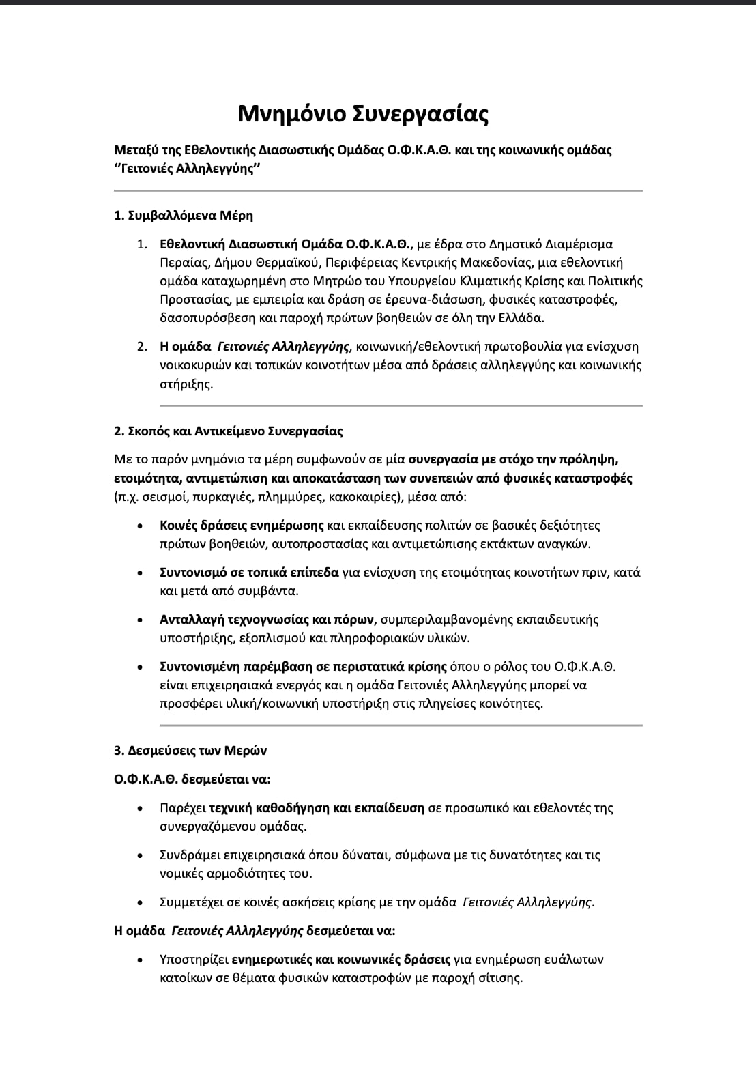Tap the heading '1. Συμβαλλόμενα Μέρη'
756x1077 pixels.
click(x=183, y=216)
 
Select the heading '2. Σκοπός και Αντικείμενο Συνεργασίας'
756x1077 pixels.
click(x=228, y=431)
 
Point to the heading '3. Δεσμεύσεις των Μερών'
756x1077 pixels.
click(x=190, y=751)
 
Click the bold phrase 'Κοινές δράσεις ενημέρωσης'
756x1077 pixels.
click(x=242, y=526)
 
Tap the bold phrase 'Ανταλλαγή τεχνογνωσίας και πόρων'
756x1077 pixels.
click(x=267, y=620)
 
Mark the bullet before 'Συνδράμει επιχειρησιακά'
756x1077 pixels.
click(x=140, y=855)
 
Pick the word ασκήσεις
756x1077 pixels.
click(x=305, y=902)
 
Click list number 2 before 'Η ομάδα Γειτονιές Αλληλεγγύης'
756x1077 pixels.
click(x=142, y=347)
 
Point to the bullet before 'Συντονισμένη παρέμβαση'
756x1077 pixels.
click(x=140, y=667)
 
